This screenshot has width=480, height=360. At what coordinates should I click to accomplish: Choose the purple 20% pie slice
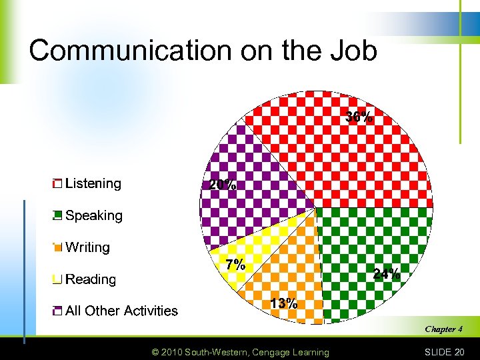tap(253, 180)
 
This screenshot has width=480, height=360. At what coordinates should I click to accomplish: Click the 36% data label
tap(359, 117)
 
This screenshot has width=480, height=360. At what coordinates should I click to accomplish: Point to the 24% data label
tap(387, 273)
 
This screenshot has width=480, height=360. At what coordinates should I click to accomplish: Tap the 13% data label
tap(283, 303)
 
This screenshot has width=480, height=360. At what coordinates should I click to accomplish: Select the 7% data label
tap(235, 264)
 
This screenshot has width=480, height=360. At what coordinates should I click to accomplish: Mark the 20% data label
tap(222, 185)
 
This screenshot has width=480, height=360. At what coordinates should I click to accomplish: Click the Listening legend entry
tap(93, 183)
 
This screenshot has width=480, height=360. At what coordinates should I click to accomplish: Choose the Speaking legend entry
tap(93, 215)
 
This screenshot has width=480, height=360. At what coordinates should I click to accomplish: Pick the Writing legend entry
tap(87, 247)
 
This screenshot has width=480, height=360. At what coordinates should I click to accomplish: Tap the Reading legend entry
tap(91, 279)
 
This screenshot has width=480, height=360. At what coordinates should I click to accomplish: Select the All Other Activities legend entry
tap(121, 311)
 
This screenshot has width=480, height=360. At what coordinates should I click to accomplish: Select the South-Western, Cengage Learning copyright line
tap(240, 352)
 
